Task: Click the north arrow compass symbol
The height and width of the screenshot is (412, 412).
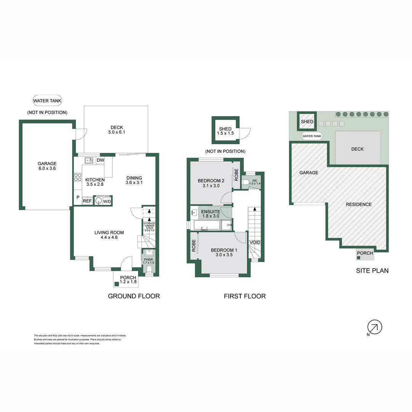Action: point(375,327)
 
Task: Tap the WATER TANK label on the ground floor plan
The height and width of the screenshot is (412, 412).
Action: point(47,101)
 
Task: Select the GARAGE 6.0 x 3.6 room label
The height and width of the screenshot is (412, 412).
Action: point(47,166)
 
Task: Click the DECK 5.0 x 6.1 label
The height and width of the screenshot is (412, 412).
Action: point(117,130)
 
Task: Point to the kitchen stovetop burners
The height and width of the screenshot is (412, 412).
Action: point(77,177)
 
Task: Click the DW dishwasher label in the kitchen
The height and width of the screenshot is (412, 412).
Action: point(100,161)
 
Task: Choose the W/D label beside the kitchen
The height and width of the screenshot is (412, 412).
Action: point(107,201)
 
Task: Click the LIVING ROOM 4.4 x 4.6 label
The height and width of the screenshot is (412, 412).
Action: point(109,235)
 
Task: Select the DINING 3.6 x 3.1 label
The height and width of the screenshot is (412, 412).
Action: point(134,180)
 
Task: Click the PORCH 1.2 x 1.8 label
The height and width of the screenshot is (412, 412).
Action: point(128,280)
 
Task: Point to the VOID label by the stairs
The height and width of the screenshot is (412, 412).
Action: point(255,242)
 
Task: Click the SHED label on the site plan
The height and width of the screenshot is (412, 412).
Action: point(307,122)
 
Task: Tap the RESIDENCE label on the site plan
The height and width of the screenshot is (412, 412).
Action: point(359,204)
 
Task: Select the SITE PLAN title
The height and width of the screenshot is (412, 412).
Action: point(372,271)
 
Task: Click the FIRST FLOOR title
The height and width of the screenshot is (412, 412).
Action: point(245,296)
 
